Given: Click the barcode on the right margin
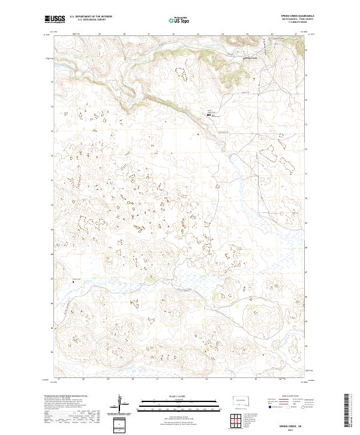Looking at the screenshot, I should pyautogui.click(x=347, y=408).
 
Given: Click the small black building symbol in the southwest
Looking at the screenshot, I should pyautogui.click(x=73, y=281).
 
